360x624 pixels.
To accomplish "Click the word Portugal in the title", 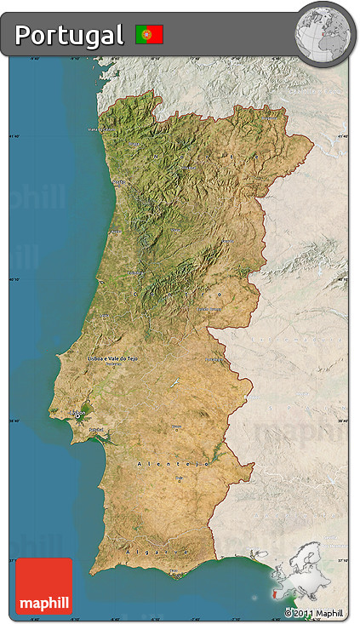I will pos(69,35).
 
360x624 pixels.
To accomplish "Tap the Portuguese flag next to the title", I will pos(149,35).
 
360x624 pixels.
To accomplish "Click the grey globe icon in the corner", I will pos(323,34).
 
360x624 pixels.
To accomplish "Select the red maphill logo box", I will pos(43,585).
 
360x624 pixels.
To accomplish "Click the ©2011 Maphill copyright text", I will pos(315,613).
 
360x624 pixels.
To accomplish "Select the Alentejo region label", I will pos(173,463).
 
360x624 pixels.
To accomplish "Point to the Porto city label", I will pos(118,181).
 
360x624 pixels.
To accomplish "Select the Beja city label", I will pos(180,478).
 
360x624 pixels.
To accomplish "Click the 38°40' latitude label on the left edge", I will pos(14,420).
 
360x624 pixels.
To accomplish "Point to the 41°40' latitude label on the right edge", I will pos(343,136).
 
